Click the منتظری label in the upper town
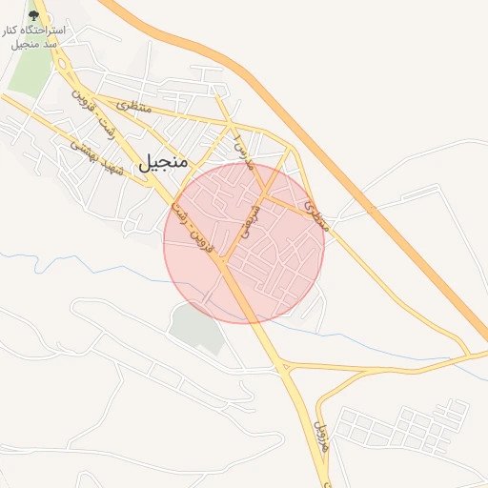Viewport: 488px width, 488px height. tap(134, 107)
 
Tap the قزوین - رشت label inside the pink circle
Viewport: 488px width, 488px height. tap(196, 230)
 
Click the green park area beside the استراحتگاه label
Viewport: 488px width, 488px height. tap(29, 67)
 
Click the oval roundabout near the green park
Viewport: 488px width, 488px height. tap(59, 65)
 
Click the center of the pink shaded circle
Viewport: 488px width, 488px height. tap(244, 242)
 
